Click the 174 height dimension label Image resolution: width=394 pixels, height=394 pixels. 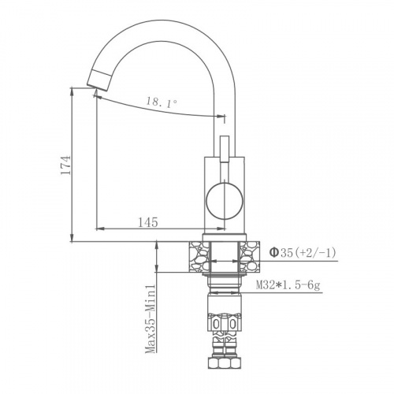[x=67, y=165]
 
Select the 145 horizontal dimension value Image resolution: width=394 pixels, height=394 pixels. [x=148, y=222]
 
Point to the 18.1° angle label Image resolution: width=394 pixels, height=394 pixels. [x=162, y=101]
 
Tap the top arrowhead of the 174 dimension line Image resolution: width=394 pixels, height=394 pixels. [x=72, y=91]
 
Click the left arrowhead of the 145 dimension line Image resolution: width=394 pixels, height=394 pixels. [x=98, y=230]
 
